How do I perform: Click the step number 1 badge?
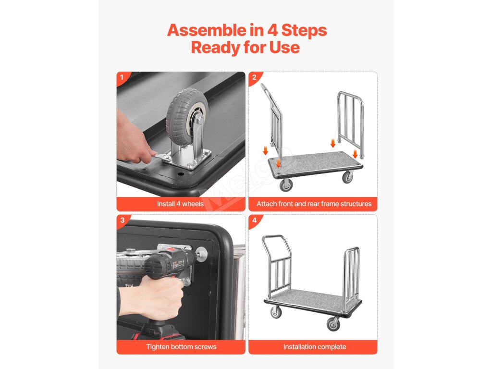coord(122,77)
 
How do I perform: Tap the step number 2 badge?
coord(254,77)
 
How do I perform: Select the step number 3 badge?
coord(123,220)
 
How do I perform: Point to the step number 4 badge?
coord(255,220)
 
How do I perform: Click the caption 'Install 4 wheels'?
coord(181,204)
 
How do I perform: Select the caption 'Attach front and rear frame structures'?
coord(314,204)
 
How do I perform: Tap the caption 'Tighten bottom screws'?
coord(181,347)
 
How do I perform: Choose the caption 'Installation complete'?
coord(314,347)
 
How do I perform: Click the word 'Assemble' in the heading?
coord(207,30)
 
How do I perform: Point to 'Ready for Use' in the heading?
coord(246,48)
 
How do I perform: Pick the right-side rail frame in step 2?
coord(350,124)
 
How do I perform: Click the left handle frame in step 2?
coord(273,123)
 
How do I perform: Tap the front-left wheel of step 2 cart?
coord(286,184)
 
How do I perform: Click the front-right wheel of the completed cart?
coord(333,324)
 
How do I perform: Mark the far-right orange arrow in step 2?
coord(355,154)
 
